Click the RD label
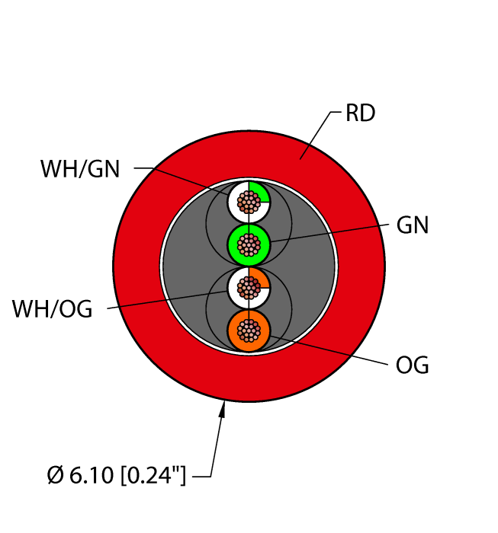(360, 113)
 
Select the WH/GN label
(80, 168)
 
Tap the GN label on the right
(413, 225)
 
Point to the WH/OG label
(52, 309)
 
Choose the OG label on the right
(412, 365)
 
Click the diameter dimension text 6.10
(92, 475)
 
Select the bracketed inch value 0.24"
(153, 475)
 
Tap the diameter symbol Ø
(56, 475)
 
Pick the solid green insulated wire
(249, 244)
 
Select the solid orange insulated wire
(249, 330)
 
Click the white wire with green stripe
(249, 202)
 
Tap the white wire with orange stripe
(249, 288)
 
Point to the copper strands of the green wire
(249, 244)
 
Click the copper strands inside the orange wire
(249, 330)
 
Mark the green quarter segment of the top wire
(259, 193)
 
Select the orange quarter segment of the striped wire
(259, 279)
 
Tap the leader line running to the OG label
(329, 350)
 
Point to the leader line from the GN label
(329, 233)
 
